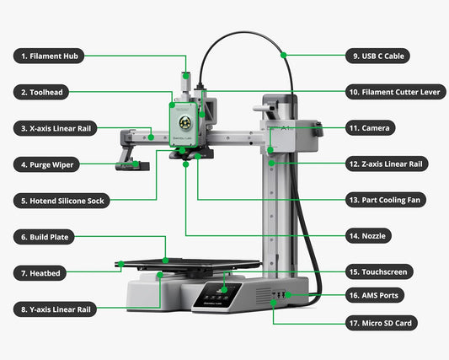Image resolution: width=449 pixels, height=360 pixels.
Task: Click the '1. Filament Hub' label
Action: (48, 56)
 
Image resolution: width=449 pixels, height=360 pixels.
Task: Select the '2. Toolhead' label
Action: (41, 92)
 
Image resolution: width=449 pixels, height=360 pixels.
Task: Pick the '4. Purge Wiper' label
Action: (46, 164)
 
